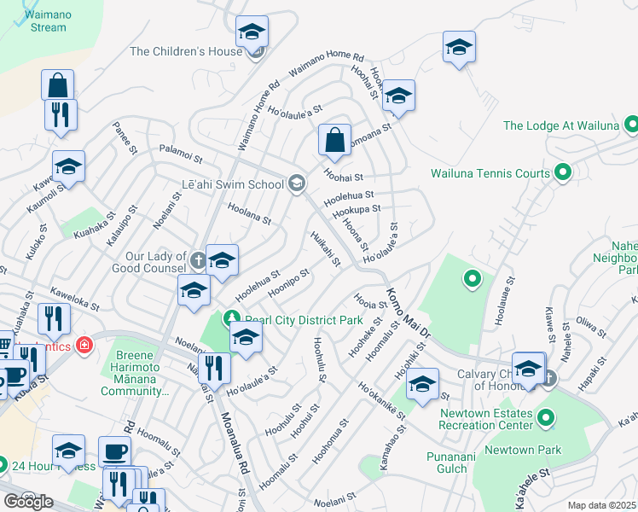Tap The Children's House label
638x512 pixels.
[186, 51]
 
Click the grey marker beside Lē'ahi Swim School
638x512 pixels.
[297, 183]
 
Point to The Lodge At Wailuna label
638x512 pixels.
[560, 125]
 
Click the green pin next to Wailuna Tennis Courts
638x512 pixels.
[562, 173]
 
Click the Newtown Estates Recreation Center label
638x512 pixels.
[486, 420]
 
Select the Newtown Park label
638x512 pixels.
[523, 450]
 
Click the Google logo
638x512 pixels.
[28, 502]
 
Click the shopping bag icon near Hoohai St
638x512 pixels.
[335, 143]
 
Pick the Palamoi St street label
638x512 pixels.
[177, 159]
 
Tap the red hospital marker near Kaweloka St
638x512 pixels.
[84, 346]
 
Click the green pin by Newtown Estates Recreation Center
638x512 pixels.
[546, 419]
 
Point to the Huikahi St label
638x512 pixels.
[325, 247]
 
